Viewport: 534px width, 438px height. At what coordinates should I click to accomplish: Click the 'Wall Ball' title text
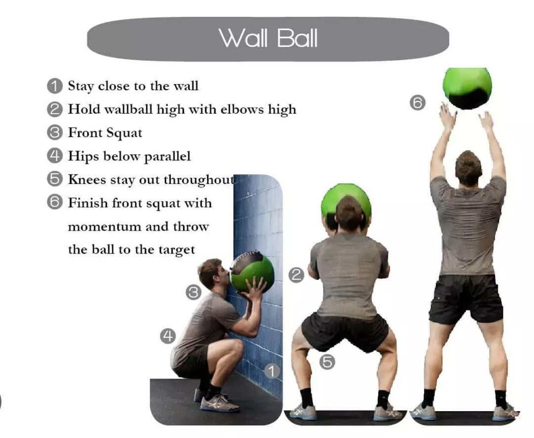click(x=268, y=38)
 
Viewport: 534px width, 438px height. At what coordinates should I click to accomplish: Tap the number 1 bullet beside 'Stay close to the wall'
click(x=54, y=86)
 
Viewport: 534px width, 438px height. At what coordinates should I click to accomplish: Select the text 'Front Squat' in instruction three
click(x=105, y=133)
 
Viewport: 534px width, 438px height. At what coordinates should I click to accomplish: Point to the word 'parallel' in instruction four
click(x=167, y=157)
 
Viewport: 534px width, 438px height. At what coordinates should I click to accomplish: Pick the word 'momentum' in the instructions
click(x=104, y=227)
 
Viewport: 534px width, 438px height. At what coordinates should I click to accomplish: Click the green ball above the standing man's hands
click(x=467, y=87)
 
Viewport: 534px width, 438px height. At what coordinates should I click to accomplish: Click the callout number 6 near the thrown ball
click(x=418, y=103)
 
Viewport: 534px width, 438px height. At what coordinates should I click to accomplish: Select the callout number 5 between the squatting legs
click(x=327, y=362)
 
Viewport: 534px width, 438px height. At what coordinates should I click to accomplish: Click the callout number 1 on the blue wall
click(x=271, y=371)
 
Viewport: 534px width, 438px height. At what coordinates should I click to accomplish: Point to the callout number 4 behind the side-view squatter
click(x=168, y=337)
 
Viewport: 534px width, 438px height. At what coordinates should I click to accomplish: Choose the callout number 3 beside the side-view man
click(x=193, y=292)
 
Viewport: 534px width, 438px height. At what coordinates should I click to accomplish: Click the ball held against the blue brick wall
click(x=252, y=271)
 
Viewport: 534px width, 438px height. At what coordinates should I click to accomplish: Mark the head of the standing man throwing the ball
click(x=468, y=167)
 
